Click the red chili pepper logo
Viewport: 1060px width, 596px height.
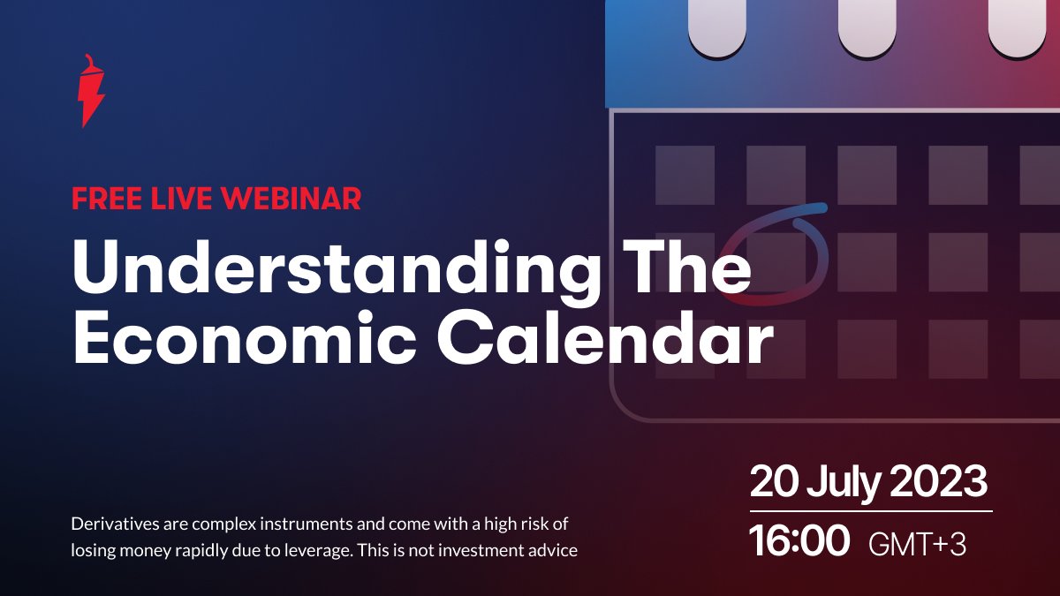(x=91, y=91)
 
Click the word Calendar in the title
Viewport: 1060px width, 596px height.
(x=605, y=337)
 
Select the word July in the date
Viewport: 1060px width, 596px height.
(x=844, y=485)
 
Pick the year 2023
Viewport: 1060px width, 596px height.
(x=939, y=482)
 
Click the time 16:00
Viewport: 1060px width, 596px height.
(x=799, y=541)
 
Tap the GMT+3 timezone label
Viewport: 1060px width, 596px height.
(x=917, y=545)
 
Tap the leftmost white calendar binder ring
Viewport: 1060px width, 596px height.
(x=717, y=27)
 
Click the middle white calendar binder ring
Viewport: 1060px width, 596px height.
(x=867, y=27)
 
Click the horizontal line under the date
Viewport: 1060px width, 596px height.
(x=871, y=511)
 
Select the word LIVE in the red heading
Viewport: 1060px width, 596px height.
(x=181, y=198)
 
